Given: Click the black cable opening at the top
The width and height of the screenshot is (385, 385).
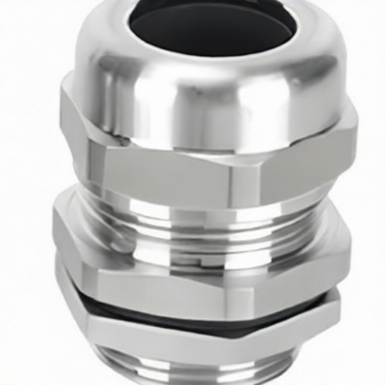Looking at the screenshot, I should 211,29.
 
